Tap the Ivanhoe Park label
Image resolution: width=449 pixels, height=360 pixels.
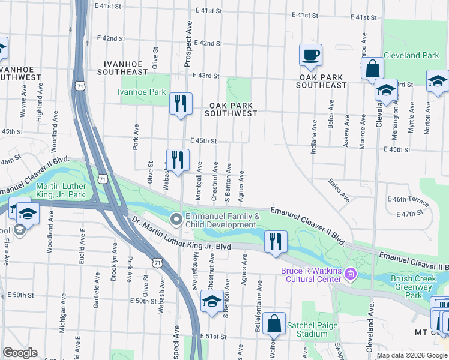(x=141, y=92)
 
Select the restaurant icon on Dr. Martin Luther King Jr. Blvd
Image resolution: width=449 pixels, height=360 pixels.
(x=275, y=242)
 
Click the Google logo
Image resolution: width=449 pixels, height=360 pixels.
(x=20, y=353)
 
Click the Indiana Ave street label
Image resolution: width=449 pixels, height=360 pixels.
(x=314, y=137)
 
